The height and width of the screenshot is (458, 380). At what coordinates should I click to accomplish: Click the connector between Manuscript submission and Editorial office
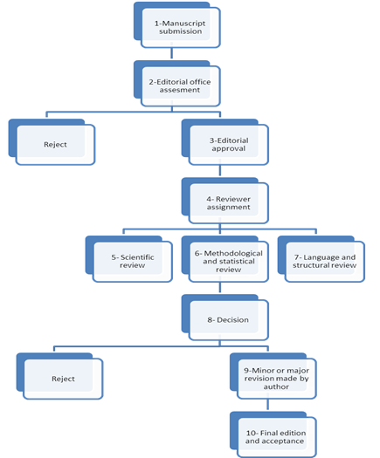point(172,53)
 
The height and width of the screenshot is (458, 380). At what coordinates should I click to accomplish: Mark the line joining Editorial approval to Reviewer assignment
point(220,171)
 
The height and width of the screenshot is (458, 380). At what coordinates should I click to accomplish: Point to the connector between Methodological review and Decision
point(220,287)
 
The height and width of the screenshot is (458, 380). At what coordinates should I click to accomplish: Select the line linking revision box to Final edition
point(267,405)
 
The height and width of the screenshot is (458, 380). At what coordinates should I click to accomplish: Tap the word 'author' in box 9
point(276,386)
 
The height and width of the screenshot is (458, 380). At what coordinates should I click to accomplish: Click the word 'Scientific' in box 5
point(137,257)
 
